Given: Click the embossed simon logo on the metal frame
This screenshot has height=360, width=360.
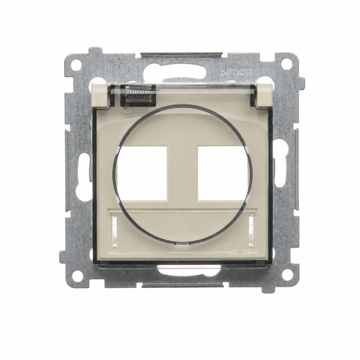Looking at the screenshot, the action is coord(236,71).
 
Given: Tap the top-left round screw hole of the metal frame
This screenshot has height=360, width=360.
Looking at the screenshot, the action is coord(76,64).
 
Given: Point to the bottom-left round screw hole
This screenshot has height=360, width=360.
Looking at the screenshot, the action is coord(76,272).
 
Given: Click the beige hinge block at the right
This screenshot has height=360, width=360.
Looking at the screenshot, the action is coord(264,94).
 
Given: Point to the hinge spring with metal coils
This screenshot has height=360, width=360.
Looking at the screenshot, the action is coord(138,95).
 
